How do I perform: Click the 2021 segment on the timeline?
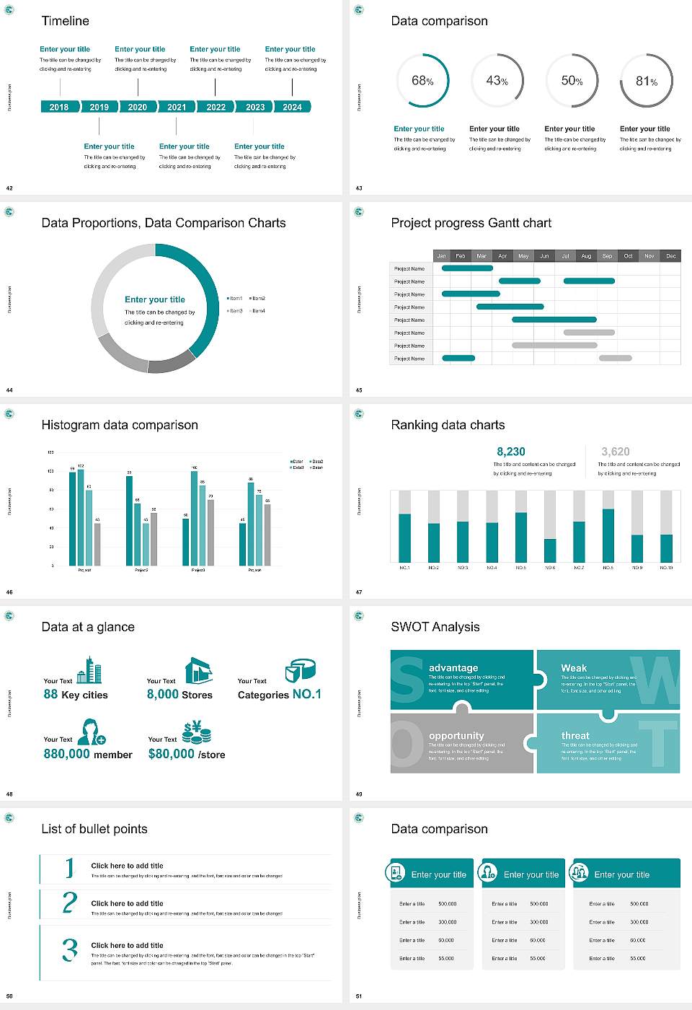click(x=177, y=107)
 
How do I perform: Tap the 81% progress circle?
click(x=647, y=81)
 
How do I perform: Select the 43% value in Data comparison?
click(x=497, y=81)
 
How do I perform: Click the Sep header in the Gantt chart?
click(x=607, y=255)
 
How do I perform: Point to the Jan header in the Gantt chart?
click(x=441, y=255)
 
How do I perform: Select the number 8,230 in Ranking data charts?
click(x=511, y=452)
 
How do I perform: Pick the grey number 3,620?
click(x=616, y=452)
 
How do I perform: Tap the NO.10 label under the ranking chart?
click(x=666, y=568)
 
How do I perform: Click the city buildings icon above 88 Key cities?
click(x=89, y=670)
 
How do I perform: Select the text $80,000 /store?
click(x=187, y=754)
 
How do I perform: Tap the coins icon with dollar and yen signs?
click(x=196, y=733)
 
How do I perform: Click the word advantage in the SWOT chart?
click(x=453, y=668)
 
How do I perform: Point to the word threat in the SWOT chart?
click(x=575, y=736)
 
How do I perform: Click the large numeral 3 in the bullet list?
click(x=70, y=949)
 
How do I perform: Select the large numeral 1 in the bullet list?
click(x=70, y=868)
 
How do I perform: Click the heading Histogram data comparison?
click(x=120, y=425)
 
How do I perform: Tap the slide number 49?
click(x=359, y=794)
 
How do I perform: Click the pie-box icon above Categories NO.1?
click(x=300, y=670)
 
